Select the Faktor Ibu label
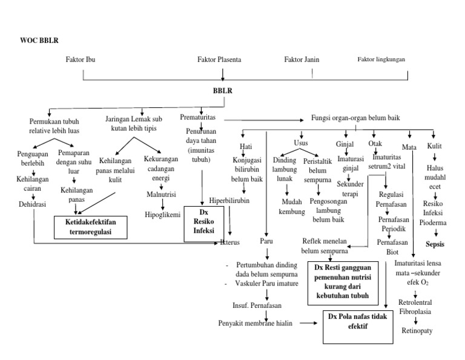(81, 59)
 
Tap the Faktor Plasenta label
(219, 59)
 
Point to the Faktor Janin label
(302, 59)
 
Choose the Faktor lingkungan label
(381, 59)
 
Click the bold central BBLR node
(223, 90)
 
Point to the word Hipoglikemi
(162, 214)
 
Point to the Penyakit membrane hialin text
(256, 323)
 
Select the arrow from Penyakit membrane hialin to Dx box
(308, 323)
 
